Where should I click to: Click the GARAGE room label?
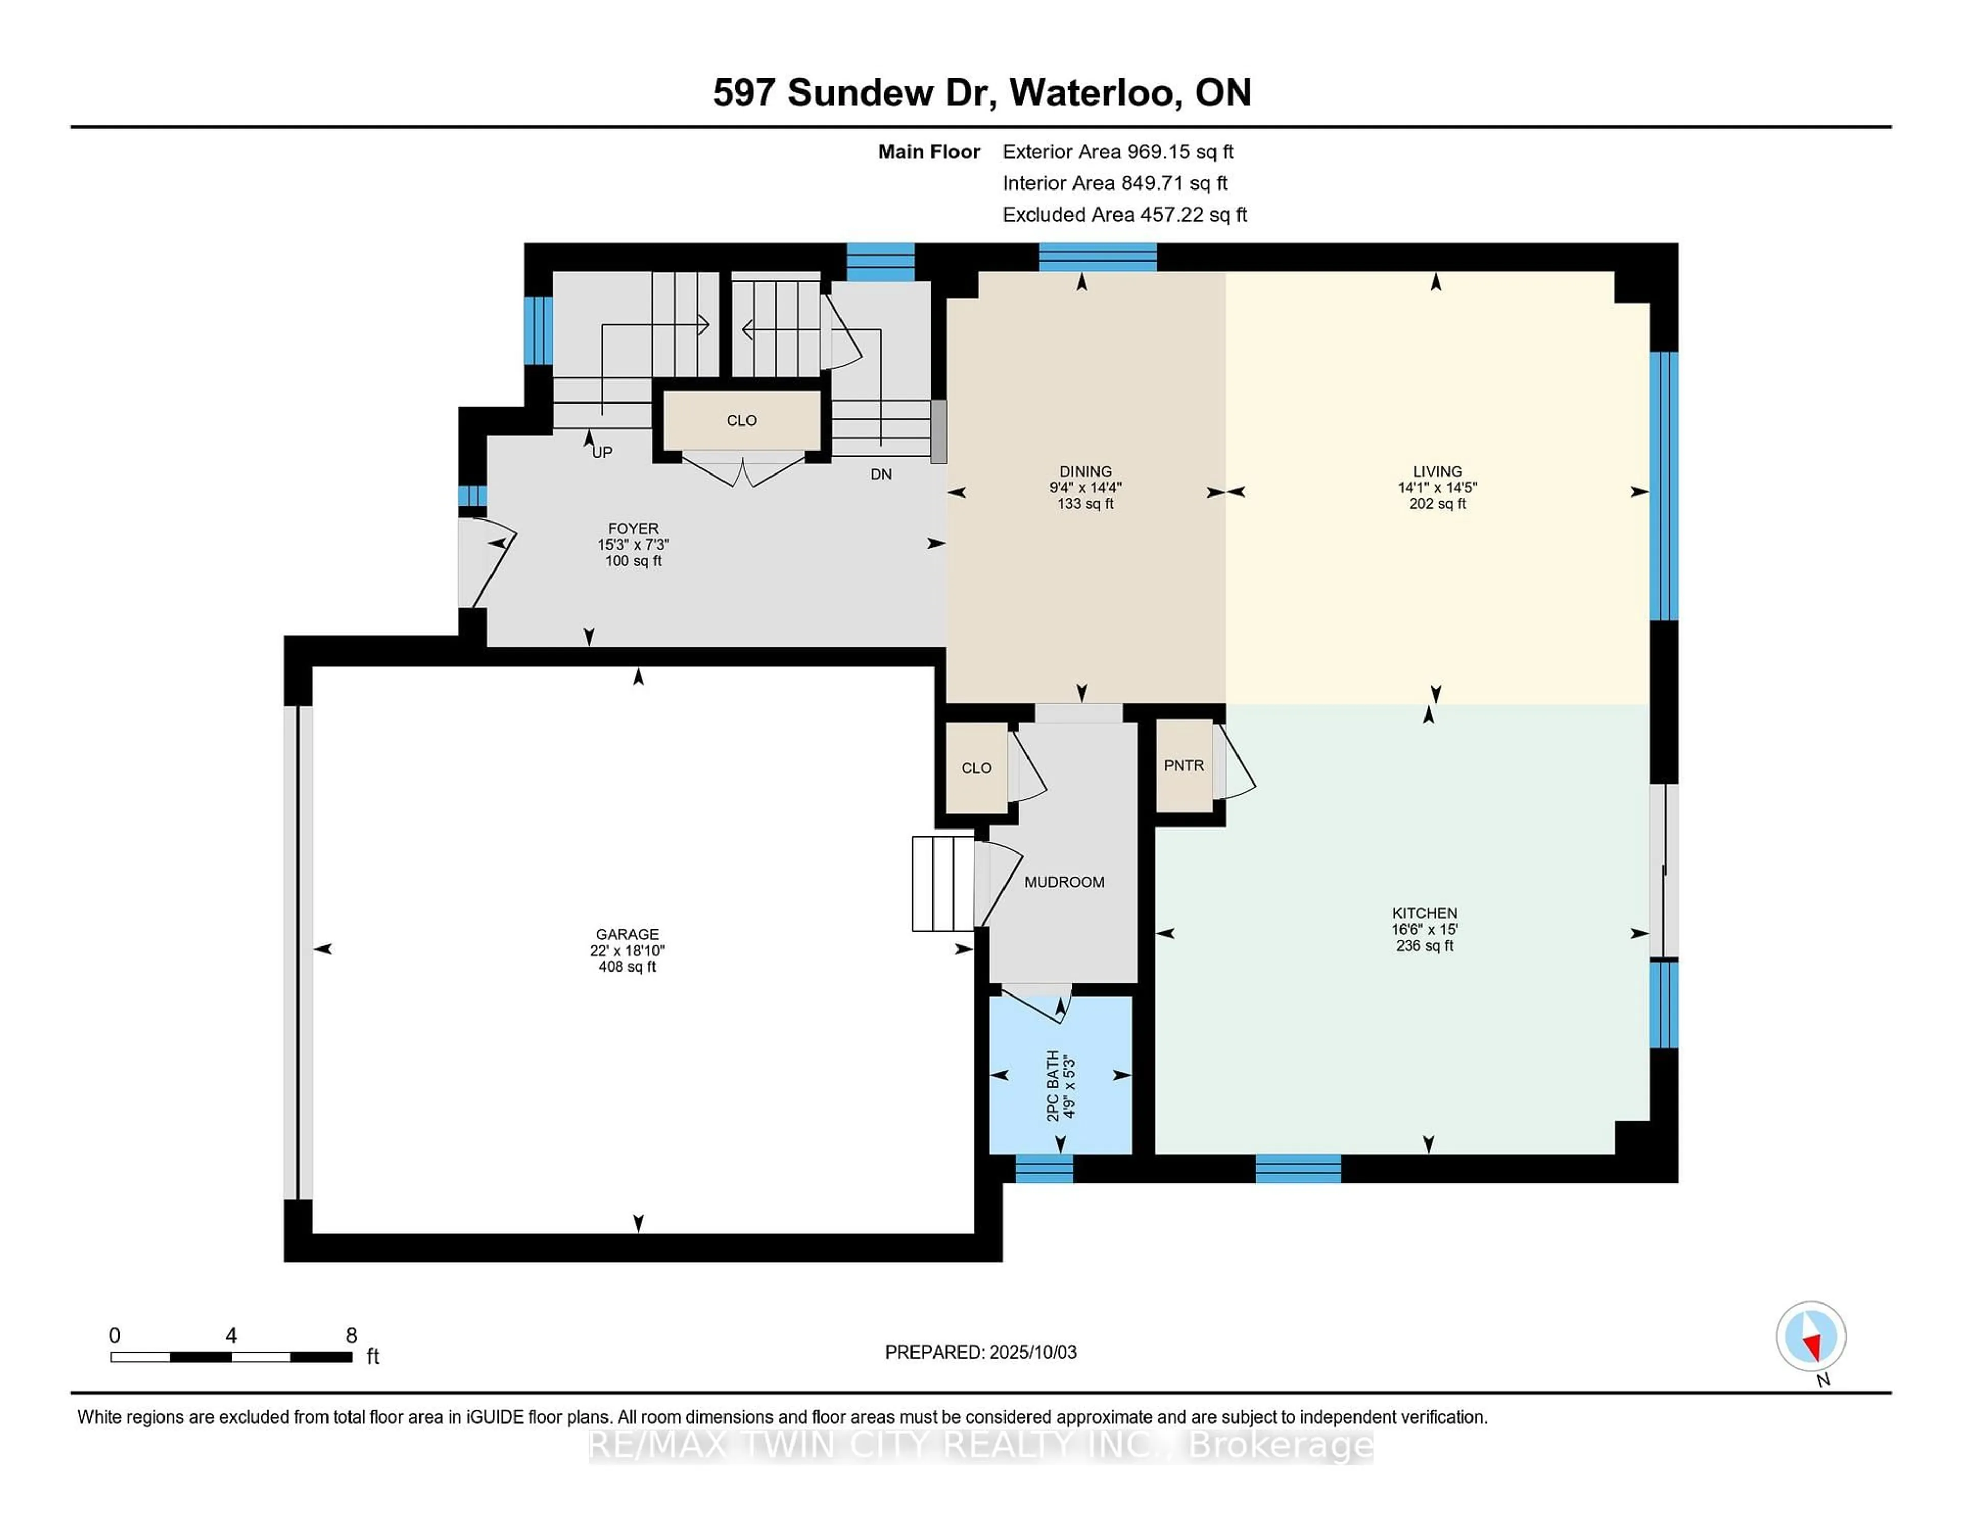pyautogui.click(x=627, y=934)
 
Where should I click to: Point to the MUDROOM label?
pyautogui.click(x=1065, y=883)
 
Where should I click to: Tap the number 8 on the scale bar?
pyautogui.click(x=351, y=1336)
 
